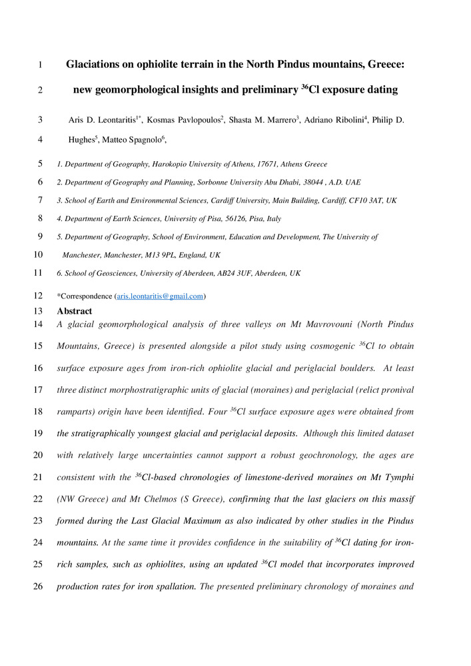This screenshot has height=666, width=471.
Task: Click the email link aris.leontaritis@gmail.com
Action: click(160, 296)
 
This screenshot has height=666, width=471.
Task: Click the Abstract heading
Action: click(75, 311)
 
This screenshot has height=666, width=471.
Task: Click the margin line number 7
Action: click(41, 200)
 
